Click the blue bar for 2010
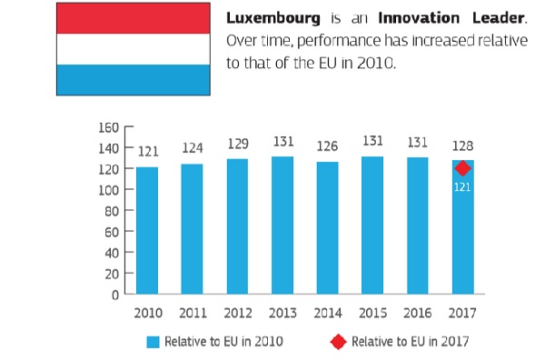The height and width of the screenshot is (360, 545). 147,231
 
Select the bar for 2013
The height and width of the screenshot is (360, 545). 282,225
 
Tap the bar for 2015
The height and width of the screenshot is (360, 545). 372,225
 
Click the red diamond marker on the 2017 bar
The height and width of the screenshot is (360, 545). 462,169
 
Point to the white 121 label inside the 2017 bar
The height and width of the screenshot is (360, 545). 462,187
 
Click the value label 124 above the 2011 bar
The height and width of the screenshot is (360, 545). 193,148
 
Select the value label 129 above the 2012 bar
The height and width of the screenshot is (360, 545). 238,144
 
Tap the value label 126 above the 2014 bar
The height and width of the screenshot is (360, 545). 327,146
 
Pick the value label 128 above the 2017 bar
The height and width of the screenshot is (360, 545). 462,145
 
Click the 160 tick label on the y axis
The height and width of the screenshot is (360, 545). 109,127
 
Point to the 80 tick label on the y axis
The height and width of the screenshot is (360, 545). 112,211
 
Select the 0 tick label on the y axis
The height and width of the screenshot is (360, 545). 115,295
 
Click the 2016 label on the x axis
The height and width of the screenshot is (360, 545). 418,313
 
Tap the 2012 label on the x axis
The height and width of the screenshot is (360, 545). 238,313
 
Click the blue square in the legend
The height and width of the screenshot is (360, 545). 153,342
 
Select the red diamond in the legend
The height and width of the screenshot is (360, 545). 338,342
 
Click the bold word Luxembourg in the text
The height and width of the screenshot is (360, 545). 273,18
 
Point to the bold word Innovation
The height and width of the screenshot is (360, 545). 419,18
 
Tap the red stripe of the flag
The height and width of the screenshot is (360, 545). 134,18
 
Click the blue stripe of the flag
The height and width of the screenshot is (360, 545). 134,80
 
